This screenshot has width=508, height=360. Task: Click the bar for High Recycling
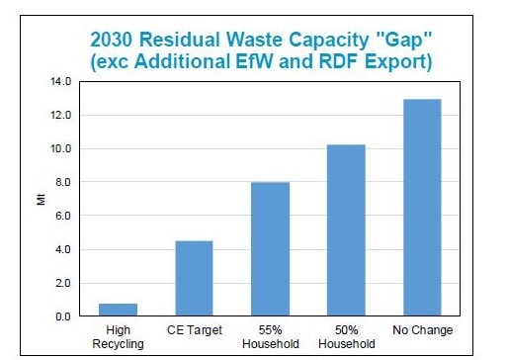tap(118, 310)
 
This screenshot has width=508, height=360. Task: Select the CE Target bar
tap(194, 278)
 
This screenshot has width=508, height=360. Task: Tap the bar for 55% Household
tap(270, 249)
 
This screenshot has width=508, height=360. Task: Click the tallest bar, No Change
tap(422, 208)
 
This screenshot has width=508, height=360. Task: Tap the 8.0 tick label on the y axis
tap(61, 183)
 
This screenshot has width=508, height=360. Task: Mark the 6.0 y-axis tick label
tap(61, 216)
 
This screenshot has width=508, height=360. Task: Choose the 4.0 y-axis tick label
tap(61, 249)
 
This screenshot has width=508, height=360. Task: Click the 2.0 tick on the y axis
tap(61, 283)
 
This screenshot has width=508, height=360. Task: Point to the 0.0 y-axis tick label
tap(61, 316)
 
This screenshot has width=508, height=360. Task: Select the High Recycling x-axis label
tap(118, 336)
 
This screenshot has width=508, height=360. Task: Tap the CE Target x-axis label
tap(194, 330)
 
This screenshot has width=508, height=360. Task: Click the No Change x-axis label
tap(422, 330)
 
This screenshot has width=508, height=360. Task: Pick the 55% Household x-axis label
tap(270, 336)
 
